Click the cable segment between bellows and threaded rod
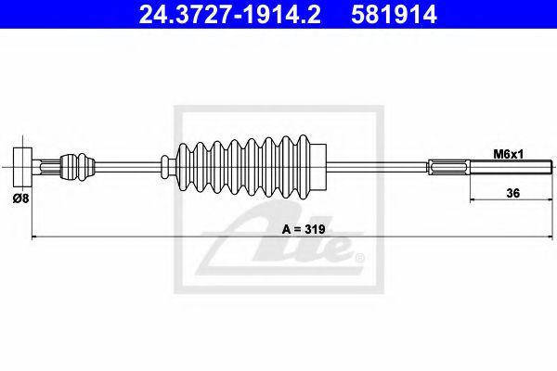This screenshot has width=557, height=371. [x=381, y=167]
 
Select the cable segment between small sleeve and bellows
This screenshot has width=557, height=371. [x=130, y=167]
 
